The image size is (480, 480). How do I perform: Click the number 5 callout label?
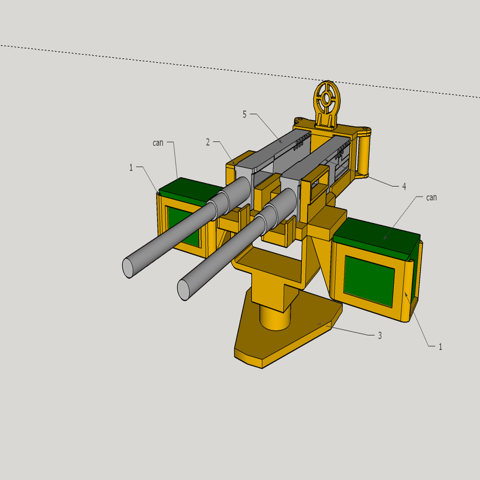(244, 114)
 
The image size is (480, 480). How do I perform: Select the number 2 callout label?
(208, 142)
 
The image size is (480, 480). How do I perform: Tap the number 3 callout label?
(380, 336)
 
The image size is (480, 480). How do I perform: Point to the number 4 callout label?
(404, 187)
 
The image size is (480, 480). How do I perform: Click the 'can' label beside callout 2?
(158, 142)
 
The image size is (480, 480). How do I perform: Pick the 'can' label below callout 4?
(431, 197)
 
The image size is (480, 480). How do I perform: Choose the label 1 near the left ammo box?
(132, 167)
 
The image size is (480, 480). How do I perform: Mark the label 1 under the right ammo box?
(440, 347)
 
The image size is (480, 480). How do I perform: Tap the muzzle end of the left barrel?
(128, 268)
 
